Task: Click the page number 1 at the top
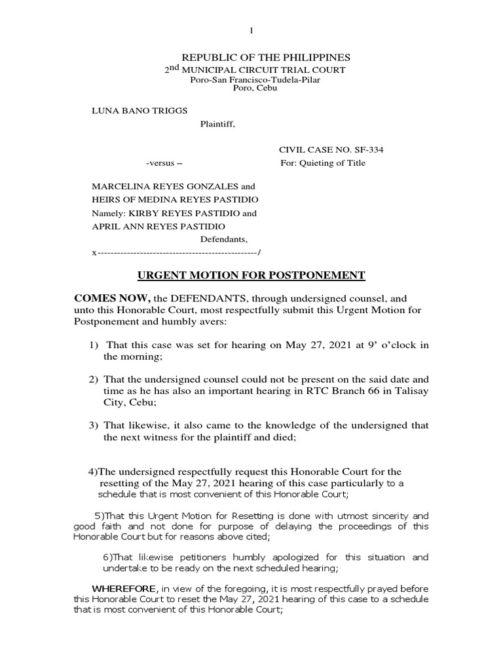[x=251, y=31]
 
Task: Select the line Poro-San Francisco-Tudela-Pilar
[x=255, y=79]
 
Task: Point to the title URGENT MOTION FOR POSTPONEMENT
[x=251, y=275]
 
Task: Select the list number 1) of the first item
[x=94, y=346]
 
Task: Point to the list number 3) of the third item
[x=94, y=426]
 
